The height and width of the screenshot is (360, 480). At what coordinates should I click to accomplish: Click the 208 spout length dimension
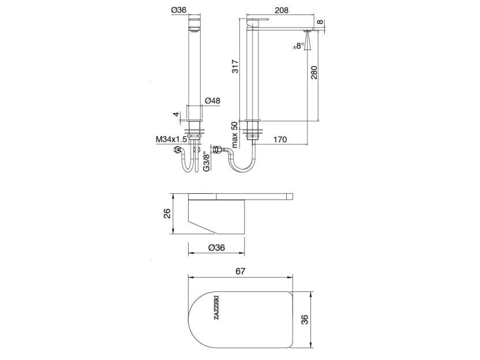coord(282,10)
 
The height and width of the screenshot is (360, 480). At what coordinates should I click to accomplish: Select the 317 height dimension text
coord(235,67)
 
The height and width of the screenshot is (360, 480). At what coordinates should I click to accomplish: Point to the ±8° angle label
coord(298,46)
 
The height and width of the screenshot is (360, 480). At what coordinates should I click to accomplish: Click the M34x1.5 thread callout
coord(171,139)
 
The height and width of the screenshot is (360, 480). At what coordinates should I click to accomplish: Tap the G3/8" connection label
coord(206,162)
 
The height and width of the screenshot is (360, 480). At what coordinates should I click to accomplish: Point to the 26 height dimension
coord(167,213)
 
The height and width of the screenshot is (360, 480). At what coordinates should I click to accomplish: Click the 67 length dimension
coord(241,271)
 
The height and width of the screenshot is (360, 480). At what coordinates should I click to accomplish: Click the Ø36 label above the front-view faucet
coord(178,10)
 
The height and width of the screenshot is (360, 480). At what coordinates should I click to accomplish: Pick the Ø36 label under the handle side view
coord(215,248)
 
